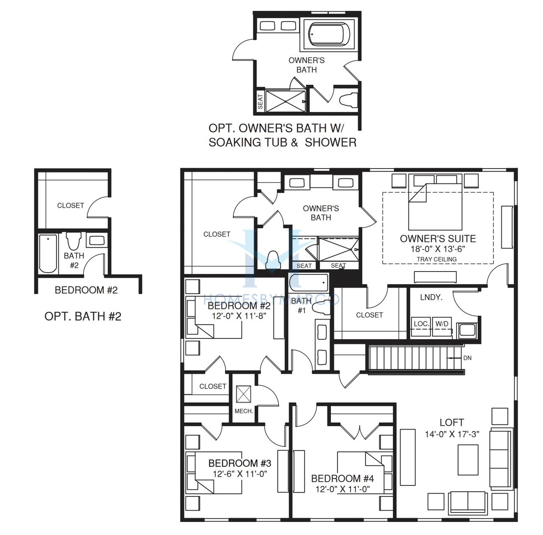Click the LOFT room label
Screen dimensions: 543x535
pos(451,422)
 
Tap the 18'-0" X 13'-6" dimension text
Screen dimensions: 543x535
pos(438,249)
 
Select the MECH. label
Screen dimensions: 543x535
pos(244,411)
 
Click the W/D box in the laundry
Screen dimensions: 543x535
pos(442,327)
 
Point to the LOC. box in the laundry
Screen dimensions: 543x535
pos(421,327)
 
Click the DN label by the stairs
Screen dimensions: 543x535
pos(467,358)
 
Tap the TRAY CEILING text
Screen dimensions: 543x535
pos(437,260)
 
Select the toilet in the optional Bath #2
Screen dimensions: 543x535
pos(73,241)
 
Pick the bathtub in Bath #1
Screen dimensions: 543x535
pos(308,282)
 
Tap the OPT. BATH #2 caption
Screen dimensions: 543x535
pos(83,316)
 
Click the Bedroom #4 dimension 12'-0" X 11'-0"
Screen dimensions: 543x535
pos(342,489)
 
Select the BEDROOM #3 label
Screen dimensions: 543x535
pos(240,463)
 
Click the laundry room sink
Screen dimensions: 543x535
pos(467,331)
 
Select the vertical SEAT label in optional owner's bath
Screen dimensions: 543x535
pos(260,101)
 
